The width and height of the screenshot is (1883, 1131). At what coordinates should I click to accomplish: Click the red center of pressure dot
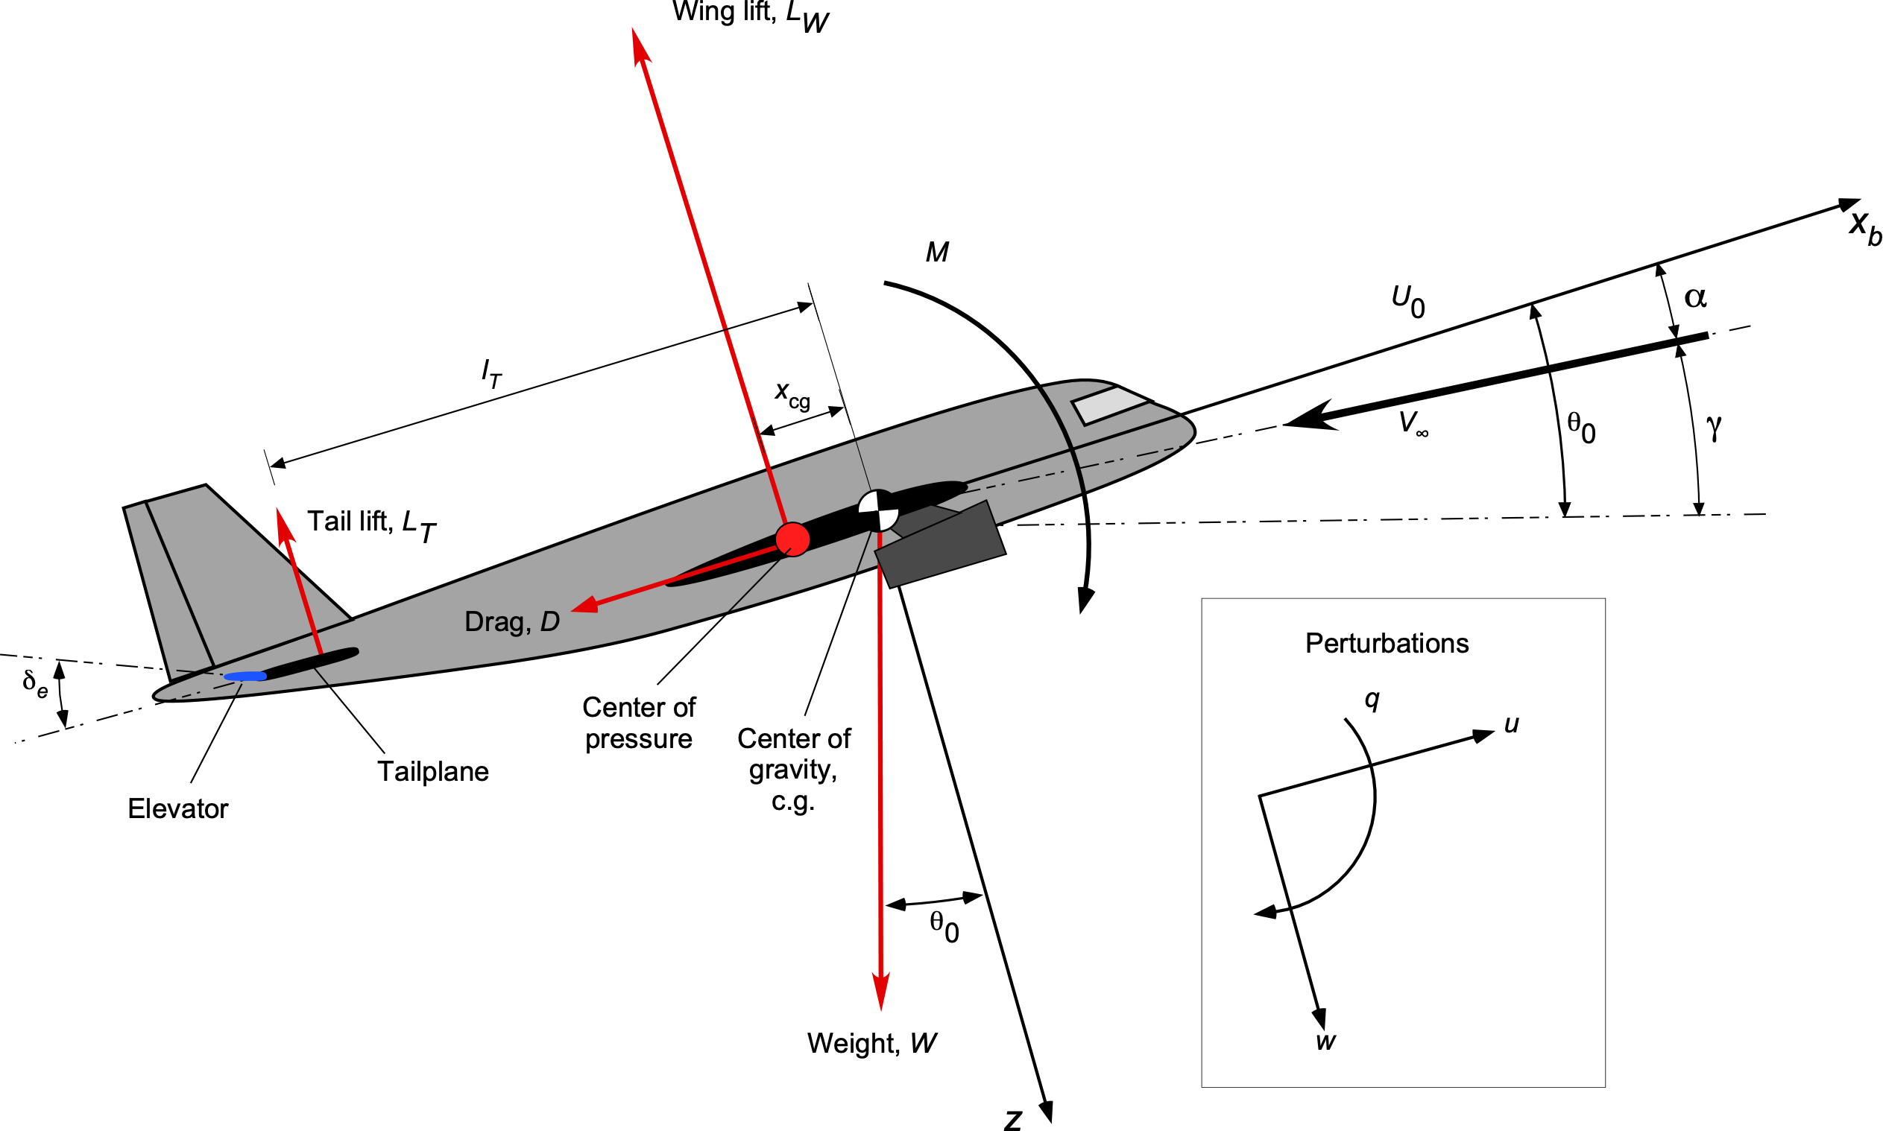(x=792, y=539)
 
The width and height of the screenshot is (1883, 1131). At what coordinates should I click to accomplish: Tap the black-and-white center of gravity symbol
(x=878, y=510)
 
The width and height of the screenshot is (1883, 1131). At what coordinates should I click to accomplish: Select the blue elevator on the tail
(x=245, y=676)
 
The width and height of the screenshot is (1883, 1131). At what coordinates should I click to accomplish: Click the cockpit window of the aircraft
(x=1111, y=405)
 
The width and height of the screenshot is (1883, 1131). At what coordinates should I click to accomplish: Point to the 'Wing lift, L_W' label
(x=750, y=15)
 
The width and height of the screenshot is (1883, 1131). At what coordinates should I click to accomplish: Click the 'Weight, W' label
(x=871, y=1042)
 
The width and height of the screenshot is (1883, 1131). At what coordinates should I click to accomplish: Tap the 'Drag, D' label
(x=511, y=622)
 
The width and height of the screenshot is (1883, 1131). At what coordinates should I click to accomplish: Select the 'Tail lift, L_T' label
(x=371, y=524)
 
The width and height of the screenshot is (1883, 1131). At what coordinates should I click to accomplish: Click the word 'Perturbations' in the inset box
(x=1387, y=643)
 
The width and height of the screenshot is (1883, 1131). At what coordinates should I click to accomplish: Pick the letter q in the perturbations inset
(x=1372, y=699)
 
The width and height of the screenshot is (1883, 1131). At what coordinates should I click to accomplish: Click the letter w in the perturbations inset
(x=1325, y=1041)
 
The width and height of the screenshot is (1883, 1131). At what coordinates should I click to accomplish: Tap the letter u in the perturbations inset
(x=1512, y=723)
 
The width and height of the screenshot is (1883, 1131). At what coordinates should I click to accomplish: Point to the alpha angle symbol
(x=1694, y=297)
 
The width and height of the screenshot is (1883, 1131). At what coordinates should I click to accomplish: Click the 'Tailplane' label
(x=433, y=771)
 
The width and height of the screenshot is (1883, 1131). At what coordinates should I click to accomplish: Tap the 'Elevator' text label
(x=177, y=808)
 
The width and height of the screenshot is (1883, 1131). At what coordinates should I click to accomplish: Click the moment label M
(x=937, y=253)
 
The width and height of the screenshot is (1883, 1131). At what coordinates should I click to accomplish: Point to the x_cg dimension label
(x=792, y=394)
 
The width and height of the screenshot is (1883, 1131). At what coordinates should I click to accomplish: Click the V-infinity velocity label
(x=1413, y=423)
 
